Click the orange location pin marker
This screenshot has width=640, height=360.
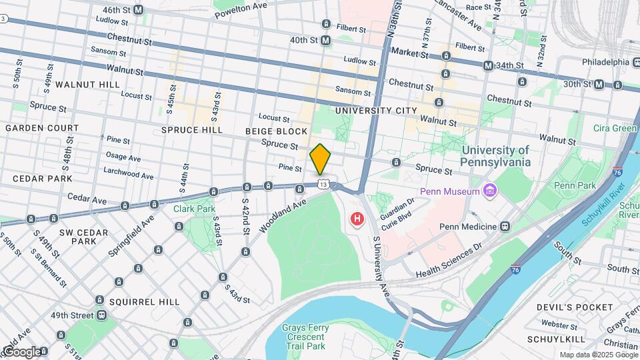(321, 159)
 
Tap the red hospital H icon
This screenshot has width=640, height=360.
(357, 218)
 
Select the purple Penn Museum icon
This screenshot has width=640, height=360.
(490, 192)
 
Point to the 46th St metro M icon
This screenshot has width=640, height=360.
(139, 10)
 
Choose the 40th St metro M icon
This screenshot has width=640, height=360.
(326, 41)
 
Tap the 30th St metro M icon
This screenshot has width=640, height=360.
(599, 84)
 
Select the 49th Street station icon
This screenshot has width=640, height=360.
(101, 315)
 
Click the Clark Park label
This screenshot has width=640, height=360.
(194, 209)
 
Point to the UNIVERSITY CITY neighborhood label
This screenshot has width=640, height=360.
(376, 111)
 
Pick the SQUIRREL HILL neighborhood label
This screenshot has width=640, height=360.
(144, 302)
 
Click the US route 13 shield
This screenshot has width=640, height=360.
(323, 183)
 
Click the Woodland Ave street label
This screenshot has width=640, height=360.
(283, 215)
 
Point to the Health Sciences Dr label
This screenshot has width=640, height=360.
(448, 261)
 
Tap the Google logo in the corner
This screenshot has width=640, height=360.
(22, 351)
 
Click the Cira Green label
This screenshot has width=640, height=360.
(615, 128)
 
